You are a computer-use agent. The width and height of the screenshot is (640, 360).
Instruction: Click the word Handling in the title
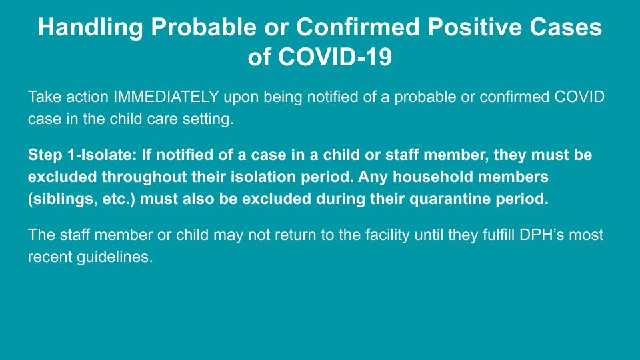(90, 27)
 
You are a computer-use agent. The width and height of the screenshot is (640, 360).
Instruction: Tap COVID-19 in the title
(335, 56)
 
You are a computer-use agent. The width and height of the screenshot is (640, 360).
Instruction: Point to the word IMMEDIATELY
(166, 97)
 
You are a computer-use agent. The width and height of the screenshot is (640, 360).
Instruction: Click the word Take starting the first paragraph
(45, 97)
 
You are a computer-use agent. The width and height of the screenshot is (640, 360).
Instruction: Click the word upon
(241, 97)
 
